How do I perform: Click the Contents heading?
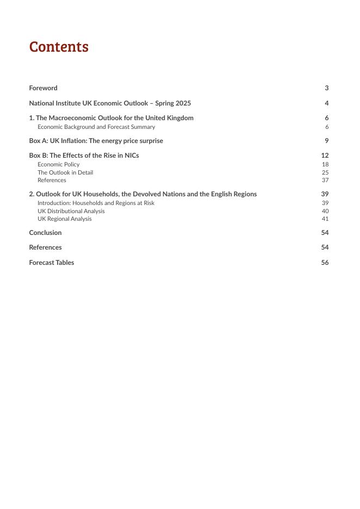point(59,47)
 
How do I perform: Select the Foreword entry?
point(43,88)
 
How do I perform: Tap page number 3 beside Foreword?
point(326,88)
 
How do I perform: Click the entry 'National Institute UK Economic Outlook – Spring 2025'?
point(110,103)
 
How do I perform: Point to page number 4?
point(326,103)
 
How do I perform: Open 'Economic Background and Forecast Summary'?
point(96,127)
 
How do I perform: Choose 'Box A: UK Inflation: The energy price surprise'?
point(96,141)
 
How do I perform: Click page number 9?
point(326,141)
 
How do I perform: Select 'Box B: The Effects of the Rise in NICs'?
point(84,156)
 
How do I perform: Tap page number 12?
point(325,156)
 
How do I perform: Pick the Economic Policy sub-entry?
point(58,164)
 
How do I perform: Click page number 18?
point(325,164)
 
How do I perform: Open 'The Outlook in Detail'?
point(65,172)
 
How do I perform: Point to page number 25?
point(325,172)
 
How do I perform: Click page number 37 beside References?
point(325,180)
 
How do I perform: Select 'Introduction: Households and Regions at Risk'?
point(96,203)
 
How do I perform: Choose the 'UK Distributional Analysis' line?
point(71,211)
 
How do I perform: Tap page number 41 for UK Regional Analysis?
point(325,219)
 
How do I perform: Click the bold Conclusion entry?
point(45,233)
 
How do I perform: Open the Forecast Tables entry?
point(51,263)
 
